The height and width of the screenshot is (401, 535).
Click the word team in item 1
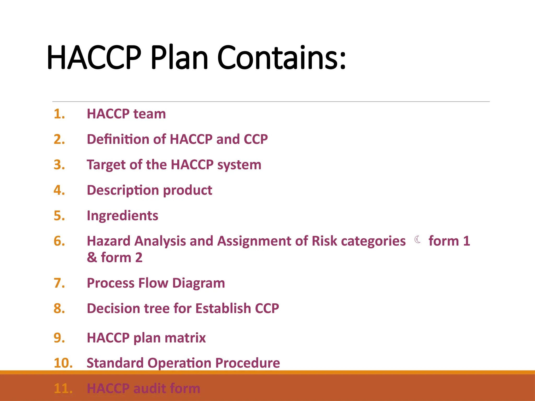[x=149, y=114]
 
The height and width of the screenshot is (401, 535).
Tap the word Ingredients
[x=122, y=216]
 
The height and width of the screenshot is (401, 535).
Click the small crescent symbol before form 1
[x=417, y=240]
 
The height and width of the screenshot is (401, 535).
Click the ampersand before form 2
[x=92, y=258]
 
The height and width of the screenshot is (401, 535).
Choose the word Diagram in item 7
[x=199, y=283]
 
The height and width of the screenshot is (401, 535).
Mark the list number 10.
[x=63, y=363]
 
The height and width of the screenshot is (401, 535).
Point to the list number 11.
[x=63, y=388]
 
